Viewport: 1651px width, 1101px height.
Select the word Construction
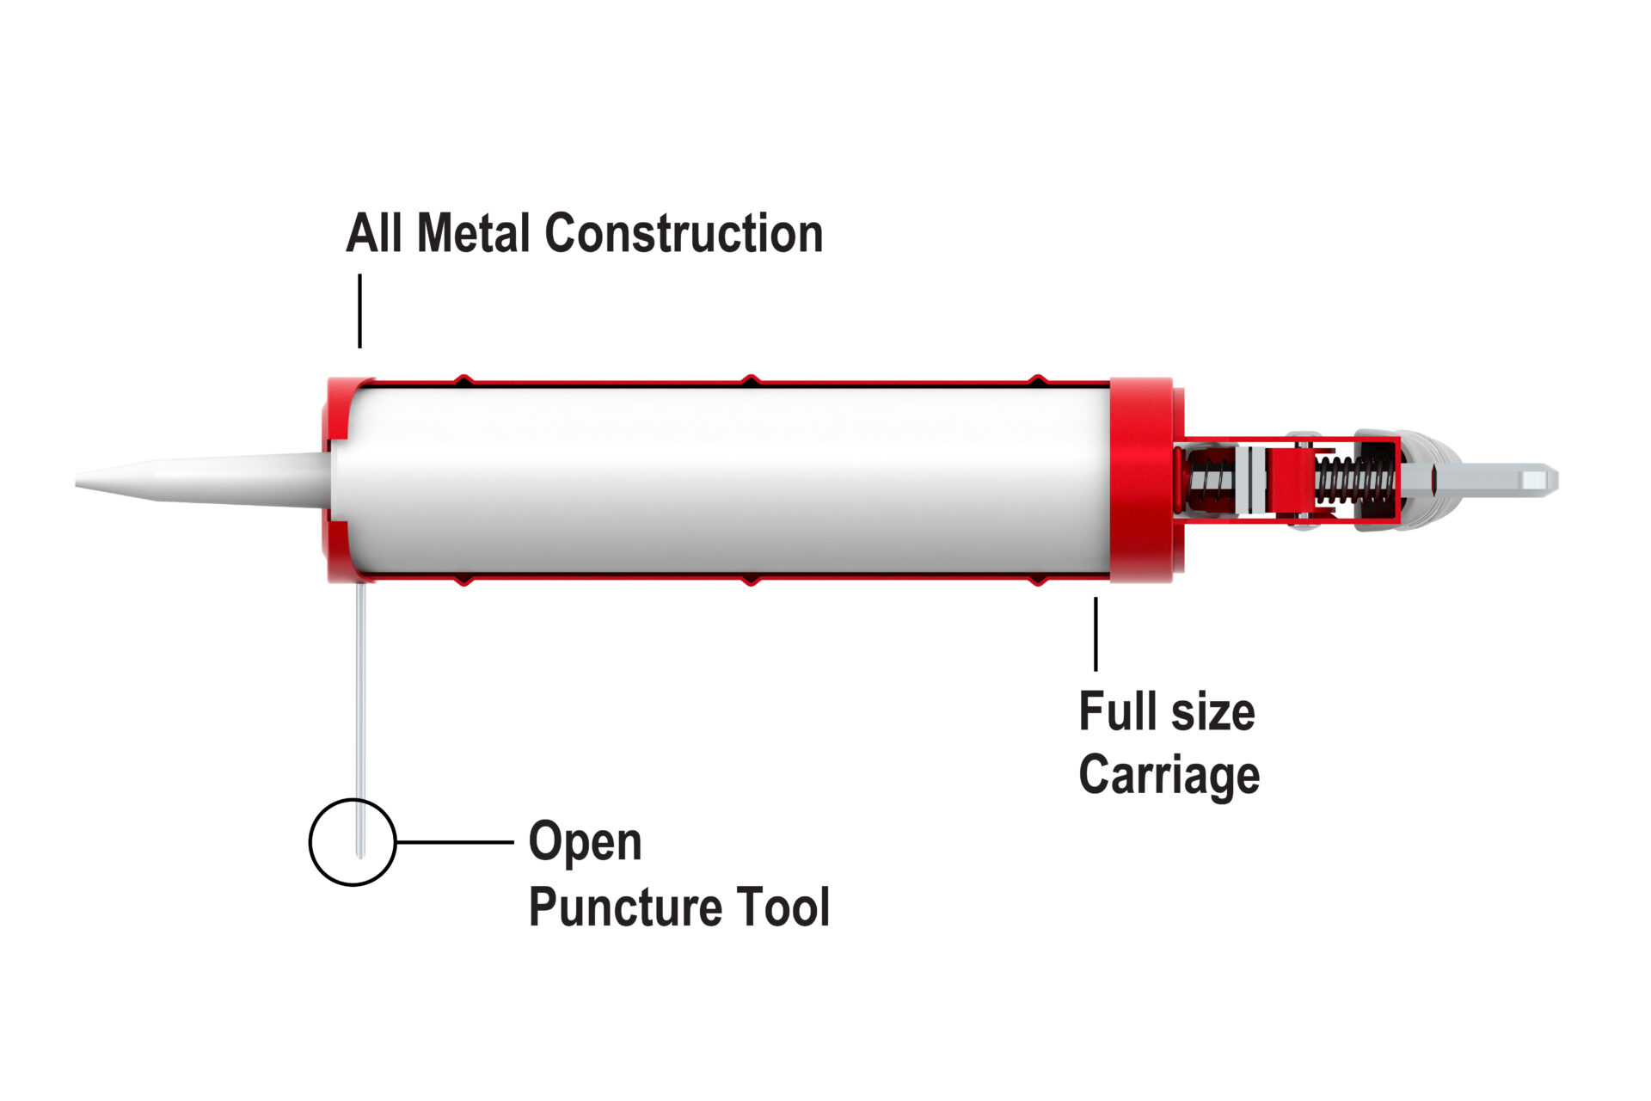pyautogui.click(x=684, y=233)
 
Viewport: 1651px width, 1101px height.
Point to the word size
pyautogui.click(x=1212, y=713)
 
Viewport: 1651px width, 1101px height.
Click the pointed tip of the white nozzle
pyautogui.click(x=77, y=480)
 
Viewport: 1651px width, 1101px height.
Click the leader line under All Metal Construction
pyautogui.click(x=359, y=311)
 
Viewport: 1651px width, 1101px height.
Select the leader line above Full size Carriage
pyautogui.click(x=1096, y=634)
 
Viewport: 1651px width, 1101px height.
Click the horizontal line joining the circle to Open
pyautogui.click(x=454, y=842)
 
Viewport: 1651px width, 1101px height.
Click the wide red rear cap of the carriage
pyautogui.click(x=1141, y=481)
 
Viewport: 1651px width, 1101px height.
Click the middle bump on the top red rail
pyautogui.click(x=751, y=379)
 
